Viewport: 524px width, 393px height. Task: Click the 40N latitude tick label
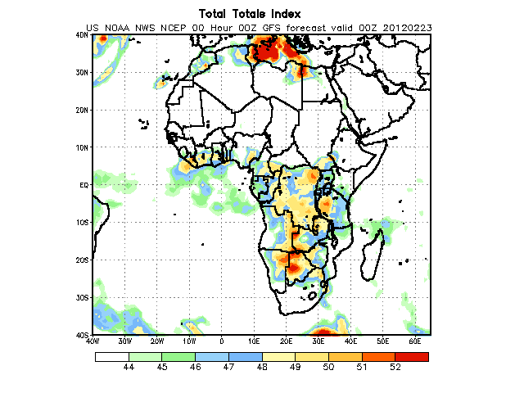click(82, 35)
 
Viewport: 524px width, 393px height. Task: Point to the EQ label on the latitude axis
click(84, 185)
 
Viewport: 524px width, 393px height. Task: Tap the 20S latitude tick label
click(82, 260)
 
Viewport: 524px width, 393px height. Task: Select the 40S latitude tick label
click(82, 335)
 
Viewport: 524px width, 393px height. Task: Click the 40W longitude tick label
click(93, 340)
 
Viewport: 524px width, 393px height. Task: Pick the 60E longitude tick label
click(414, 340)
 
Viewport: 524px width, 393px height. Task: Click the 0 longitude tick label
click(222, 340)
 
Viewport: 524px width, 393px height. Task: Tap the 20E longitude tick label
click(286, 340)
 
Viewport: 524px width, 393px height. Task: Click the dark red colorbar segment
click(412, 356)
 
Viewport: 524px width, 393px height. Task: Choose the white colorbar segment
click(111, 356)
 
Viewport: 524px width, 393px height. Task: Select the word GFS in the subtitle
click(276, 28)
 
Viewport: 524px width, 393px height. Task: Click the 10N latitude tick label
click(82, 147)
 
